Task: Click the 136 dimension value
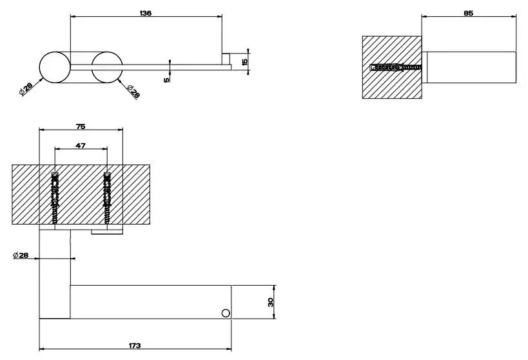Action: pyautogui.click(x=146, y=13)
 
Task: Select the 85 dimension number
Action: pyautogui.click(x=469, y=13)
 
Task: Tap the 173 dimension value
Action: pyautogui.click(x=135, y=346)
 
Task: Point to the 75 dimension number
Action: pyautogui.click(x=81, y=126)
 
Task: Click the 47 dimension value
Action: pyautogui.click(x=80, y=146)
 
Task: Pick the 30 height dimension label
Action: pyautogui.click(x=271, y=302)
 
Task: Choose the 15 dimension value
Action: pyautogui.click(x=245, y=62)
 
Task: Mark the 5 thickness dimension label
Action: pyautogui.click(x=167, y=80)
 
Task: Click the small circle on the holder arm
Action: pyautogui.click(x=226, y=313)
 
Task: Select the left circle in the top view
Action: pyautogui.click(x=55, y=67)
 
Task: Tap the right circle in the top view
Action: pyautogui.click(x=107, y=67)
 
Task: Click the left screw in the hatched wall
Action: pyautogui.click(x=55, y=197)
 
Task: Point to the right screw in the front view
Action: pyautogui.click(x=108, y=197)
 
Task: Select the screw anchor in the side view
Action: pyautogui.click(x=396, y=67)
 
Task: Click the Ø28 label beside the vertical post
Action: pyautogui.click(x=21, y=255)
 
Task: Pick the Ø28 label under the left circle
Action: pyautogui.click(x=26, y=89)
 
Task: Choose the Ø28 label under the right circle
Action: pyautogui.click(x=133, y=92)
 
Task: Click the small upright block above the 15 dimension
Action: pyautogui.click(x=226, y=59)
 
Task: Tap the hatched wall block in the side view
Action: pyautogui.click(x=392, y=67)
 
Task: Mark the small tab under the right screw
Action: pyautogui.click(x=107, y=232)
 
